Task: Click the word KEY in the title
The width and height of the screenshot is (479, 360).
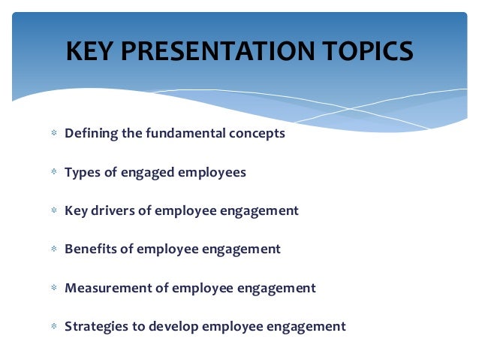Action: pos(89,51)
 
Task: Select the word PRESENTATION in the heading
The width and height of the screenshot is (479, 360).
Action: pos(218,51)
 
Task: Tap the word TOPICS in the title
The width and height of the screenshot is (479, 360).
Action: pos(368,51)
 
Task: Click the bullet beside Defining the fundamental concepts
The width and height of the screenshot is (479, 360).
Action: pos(54,133)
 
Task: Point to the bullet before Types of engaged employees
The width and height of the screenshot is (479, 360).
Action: pos(54,171)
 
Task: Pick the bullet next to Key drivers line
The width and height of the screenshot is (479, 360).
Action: pos(54,210)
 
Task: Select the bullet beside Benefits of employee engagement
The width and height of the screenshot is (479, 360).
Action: pos(54,248)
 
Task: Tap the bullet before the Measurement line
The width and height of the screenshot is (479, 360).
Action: pos(54,288)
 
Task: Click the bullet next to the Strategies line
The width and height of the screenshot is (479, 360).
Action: pos(54,326)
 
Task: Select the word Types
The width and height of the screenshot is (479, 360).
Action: pos(82,173)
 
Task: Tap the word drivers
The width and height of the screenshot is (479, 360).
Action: pos(113,210)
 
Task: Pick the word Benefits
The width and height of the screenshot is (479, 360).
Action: pos(90,249)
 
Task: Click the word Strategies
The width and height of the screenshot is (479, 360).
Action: pos(97,327)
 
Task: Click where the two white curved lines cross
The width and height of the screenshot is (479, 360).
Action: pos(351,108)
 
